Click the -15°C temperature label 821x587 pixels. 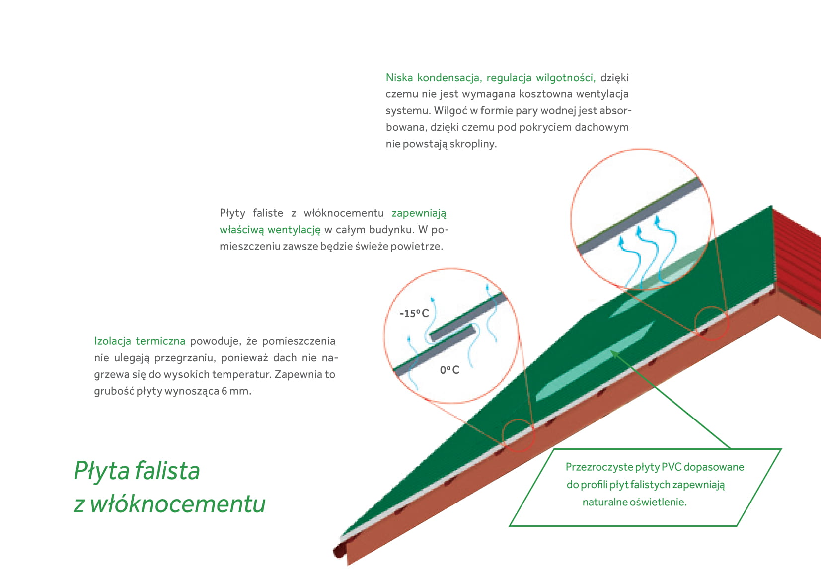(x=414, y=313)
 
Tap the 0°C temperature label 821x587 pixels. (x=449, y=370)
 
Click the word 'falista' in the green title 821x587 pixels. (x=167, y=470)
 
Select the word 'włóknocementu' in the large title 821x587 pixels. (x=178, y=503)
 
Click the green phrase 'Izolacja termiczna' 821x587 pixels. (x=140, y=341)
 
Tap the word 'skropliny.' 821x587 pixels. (x=473, y=144)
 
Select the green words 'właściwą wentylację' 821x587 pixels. (x=270, y=230)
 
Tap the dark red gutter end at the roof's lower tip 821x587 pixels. (x=339, y=551)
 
